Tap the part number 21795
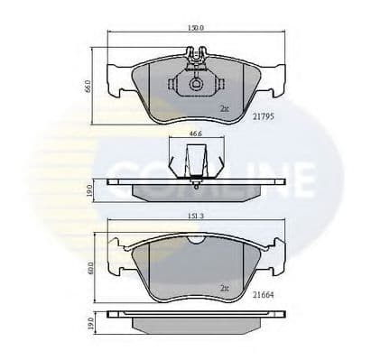click(263, 115)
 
